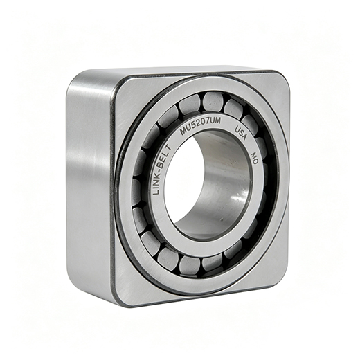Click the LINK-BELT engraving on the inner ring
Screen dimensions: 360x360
[x=161, y=170]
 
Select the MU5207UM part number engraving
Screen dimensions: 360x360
[x=200, y=126]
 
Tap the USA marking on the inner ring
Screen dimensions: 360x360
[x=241, y=133]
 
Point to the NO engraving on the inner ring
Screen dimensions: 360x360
[x=254, y=158]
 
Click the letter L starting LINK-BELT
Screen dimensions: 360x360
[x=156, y=191]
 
